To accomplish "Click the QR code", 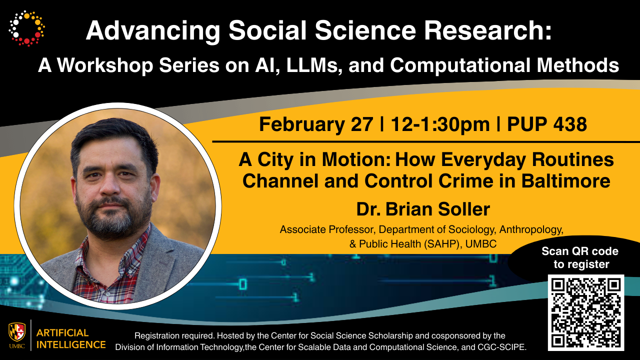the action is (586, 312).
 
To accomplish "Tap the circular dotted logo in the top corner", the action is (26, 28).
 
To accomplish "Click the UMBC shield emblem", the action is (17, 332).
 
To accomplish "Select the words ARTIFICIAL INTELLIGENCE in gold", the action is (71, 339).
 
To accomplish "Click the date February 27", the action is (316, 124).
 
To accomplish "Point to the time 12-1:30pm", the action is (440, 124).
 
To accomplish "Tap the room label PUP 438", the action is (547, 124).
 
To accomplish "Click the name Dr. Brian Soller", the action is (423, 209).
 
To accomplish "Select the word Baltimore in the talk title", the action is (566, 181).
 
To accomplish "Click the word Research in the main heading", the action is (487, 30).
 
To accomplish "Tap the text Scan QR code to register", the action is (580, 257).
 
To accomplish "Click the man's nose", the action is (110, 184).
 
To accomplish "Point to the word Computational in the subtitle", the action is (460, 65).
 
